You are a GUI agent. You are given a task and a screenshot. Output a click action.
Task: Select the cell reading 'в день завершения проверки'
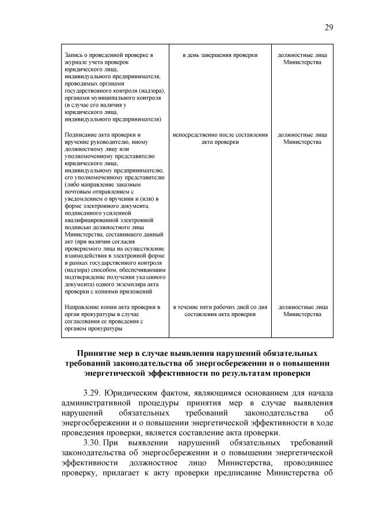(220, 55)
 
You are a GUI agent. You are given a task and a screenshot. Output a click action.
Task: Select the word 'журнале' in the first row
(75, 62)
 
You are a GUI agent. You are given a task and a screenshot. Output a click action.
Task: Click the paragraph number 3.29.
(94, 393)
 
